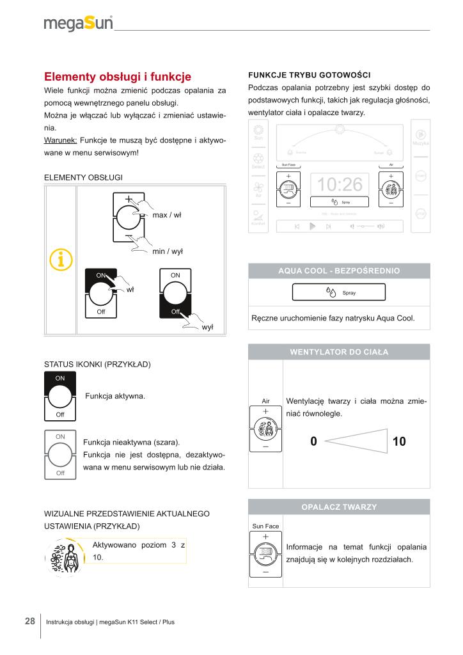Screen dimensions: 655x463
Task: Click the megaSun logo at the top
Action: tap(79, 24)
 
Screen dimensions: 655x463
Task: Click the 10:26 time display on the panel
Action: tap(340, 185)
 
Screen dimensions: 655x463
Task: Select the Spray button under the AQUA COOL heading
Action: tap(340, 292)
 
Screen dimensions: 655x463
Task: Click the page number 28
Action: tap(30, 621)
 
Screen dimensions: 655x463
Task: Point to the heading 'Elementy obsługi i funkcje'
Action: tap(117, 77)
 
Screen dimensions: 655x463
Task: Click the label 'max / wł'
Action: tap(167, 215)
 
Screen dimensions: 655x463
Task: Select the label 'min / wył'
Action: tap(168, 251)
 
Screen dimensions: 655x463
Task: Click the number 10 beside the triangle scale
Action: tap(399, 441)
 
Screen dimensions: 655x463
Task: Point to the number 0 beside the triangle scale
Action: tap(313, 441)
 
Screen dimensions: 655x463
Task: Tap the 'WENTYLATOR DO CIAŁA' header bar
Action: tap(339, 352)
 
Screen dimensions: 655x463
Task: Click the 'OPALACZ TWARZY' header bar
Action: tap(339, 507)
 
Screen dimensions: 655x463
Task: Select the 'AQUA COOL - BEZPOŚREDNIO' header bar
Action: tap(339, 271)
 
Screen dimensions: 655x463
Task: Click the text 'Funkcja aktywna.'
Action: tap(115, 396)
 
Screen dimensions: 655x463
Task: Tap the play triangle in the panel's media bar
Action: tap(312, 226)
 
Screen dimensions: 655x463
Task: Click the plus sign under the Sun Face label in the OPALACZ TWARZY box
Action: tap(265, 536)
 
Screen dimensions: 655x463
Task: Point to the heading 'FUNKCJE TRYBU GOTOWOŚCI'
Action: tap(309, 74)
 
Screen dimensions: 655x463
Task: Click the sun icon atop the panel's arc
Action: tap(340, 130)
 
